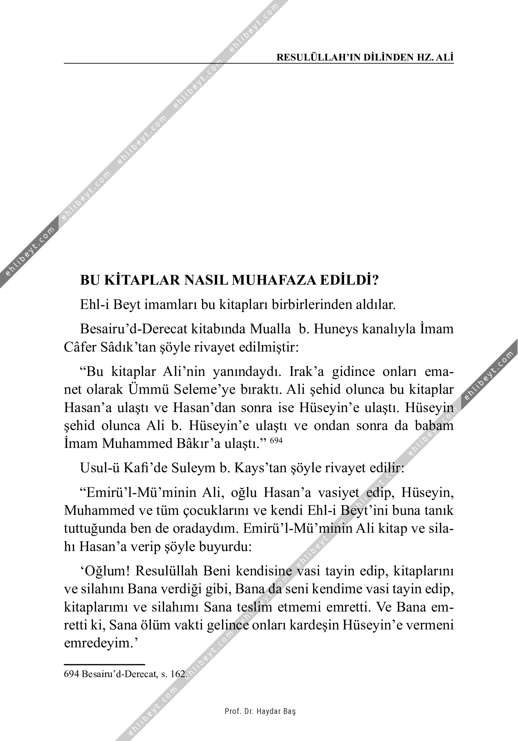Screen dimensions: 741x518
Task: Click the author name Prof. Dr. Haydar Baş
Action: click(x=260, y=711)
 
